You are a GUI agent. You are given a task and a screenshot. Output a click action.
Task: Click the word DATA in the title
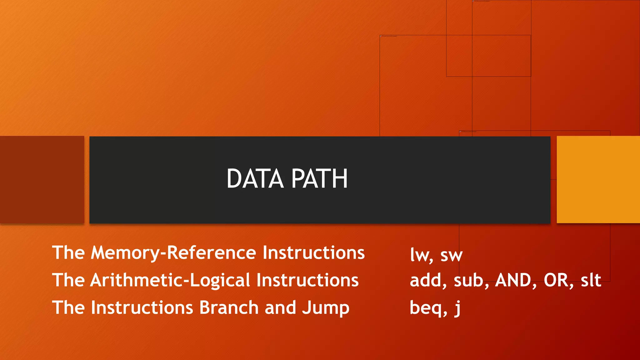(x=255, y=179)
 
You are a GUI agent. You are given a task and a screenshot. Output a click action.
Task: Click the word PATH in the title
(x=319, y=179)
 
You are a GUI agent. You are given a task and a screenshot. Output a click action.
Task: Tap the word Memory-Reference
(x=173, y=252)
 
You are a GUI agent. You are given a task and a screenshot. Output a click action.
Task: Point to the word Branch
(x=229, y=307)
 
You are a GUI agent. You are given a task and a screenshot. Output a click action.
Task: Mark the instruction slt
(x=591, y=280)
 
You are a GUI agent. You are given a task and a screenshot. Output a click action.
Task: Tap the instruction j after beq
(x=457, y=308)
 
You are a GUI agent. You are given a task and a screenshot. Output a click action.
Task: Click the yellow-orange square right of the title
(x=598, y=179)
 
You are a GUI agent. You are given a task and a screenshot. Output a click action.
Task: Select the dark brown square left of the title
(x=42, y=179)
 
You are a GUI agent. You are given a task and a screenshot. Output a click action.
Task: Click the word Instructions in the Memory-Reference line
(x=313, y=252)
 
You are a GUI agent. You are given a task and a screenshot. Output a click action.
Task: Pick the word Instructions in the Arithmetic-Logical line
(x=307, y=280)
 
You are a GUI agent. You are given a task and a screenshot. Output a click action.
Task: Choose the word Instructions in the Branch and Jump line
(x=142, y=307)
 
